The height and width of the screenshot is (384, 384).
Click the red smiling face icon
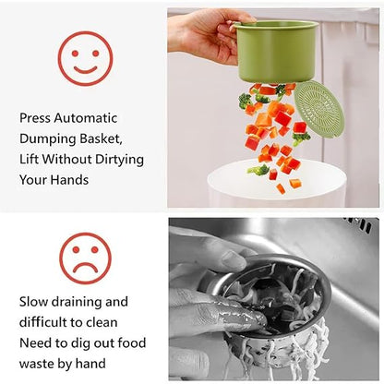click(86, 57)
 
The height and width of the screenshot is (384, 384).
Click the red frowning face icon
click(86, 259)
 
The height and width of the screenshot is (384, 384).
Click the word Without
click(71, 158)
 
